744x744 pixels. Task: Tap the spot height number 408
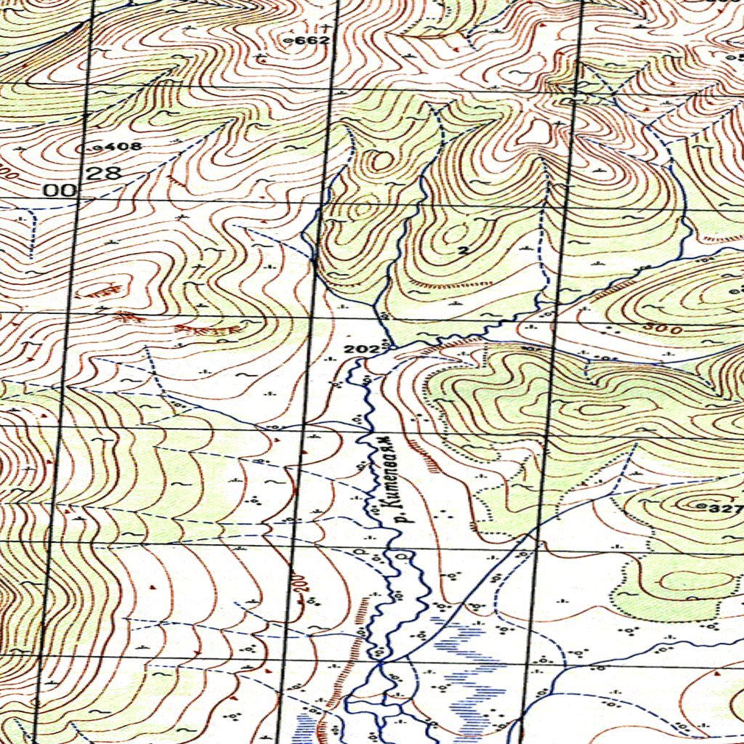point(123,147)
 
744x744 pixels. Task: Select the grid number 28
point(102,173)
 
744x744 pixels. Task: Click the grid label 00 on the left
point(60,191)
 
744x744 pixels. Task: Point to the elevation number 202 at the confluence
point(361,349)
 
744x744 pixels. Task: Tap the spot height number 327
point(727,509)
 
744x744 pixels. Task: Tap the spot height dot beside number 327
point(702,505)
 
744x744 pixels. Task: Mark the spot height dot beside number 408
point(98,147)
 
